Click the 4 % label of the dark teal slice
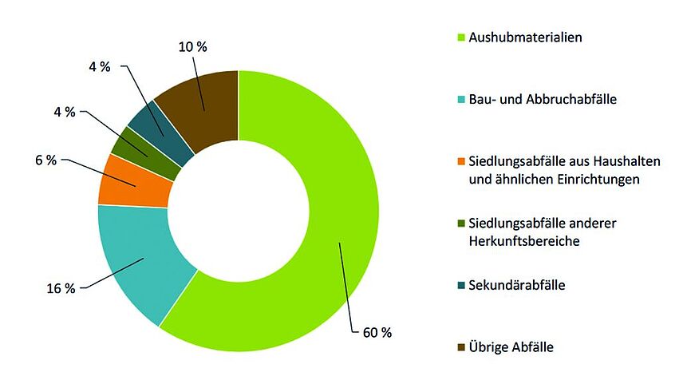[x=100, y=67]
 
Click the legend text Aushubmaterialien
[x=525, y=38]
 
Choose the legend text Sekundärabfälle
[x=517, y=285]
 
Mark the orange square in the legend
[x=460, y=162]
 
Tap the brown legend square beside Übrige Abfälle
[x=460, y=347]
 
